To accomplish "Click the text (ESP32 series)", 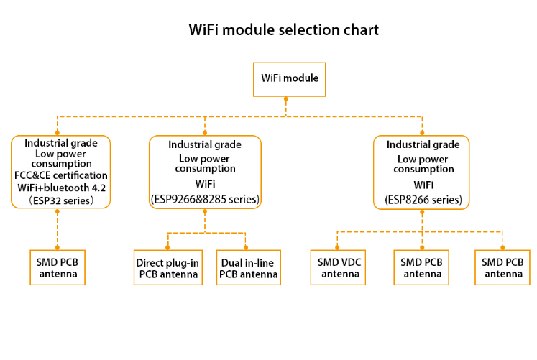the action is click(x=61, y=200).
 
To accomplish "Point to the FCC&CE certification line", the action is click(x=61, y=175).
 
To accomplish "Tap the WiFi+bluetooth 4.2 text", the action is click(x=62, y=188).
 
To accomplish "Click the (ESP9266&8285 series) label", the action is click(x=205, y=199).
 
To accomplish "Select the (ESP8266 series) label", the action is click(x=423, y=200).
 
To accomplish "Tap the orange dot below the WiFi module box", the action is click(x=286, y=99).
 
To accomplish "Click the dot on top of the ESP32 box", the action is click(x=58, y=133).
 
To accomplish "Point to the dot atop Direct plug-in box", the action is click(x=167, y=247).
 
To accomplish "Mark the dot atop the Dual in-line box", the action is click(x=246, y=247).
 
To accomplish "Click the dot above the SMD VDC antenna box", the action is click(x=337, y=247).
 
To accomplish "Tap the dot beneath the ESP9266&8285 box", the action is click(x=205, y=211).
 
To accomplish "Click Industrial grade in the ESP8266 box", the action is click(x=423, y=144).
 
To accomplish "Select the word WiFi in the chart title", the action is click(x=203, y=29).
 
